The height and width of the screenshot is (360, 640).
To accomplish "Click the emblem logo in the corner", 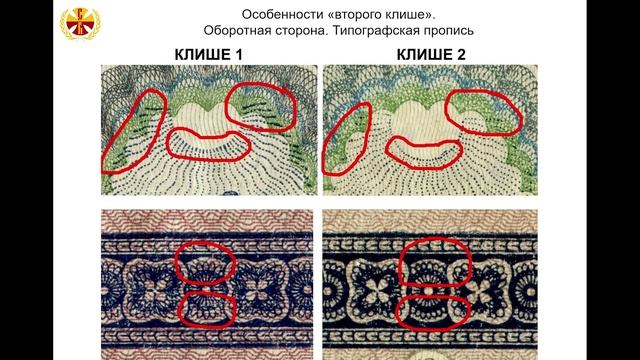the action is [x=80, y=24].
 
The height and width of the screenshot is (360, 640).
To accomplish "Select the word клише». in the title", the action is [x=411, y=15].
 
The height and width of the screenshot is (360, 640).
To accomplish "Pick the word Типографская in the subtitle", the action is [x=374, y=31].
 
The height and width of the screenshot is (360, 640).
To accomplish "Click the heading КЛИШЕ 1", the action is [x=209, y=55].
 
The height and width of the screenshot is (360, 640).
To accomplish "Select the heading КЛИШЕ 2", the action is [x=431, y=55].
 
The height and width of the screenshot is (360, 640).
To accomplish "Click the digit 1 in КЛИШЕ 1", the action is [x=238, y=55].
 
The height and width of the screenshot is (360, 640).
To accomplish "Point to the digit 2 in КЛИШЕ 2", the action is [x=461, y=55].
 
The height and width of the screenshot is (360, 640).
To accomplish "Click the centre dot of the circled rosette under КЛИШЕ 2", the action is [x=428, y=291].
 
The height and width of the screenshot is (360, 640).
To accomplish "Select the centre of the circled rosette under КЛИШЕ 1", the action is [x=207, y=289].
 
